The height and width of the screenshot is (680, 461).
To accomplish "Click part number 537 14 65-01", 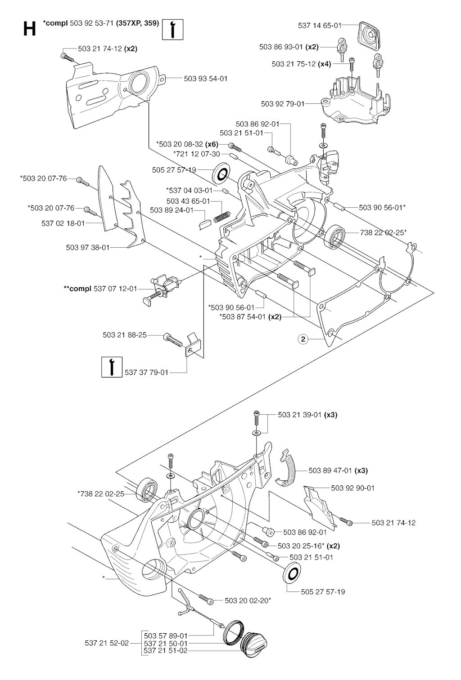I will pos(320,26).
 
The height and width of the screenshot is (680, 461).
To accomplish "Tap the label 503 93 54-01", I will pos(205,79).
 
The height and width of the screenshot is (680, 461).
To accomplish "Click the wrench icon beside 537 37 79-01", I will pos(111,366).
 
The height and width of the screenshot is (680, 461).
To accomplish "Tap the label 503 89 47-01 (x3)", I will pos(338,471).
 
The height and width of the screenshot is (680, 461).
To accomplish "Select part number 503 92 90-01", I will pos(353,488).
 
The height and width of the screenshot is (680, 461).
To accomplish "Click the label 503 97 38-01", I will pos(87,247).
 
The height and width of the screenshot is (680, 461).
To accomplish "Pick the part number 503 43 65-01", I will pos(188,201).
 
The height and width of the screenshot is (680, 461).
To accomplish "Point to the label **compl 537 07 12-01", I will pos(100,289).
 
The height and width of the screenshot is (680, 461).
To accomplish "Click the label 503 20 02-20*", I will pos(248,600).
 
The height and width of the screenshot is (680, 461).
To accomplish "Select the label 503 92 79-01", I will pos(283,104).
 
